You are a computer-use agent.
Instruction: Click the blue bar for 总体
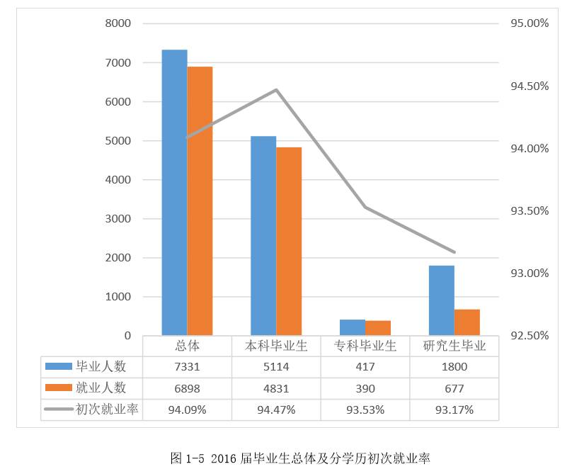coord(174,192)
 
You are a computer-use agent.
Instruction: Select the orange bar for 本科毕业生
coord(289,241)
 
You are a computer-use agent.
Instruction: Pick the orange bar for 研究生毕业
coord(467,322)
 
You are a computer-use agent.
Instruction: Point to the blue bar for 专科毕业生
coord(353,327)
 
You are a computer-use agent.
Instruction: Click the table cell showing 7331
coord(187,367)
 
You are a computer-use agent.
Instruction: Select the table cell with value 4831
coord(276,388)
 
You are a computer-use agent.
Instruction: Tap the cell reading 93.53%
coord(365,409)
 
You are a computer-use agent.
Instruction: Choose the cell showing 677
coord(454,388)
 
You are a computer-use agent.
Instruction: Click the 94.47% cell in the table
coord(276,409)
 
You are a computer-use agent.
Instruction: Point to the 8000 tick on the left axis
coord(118,23)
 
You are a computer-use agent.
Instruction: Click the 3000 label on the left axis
coord(118,219)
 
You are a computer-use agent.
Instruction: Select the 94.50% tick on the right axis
coord(529,86)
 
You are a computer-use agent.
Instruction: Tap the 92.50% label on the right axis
coord(529,335)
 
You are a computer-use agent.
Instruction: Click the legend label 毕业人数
coord(101,367)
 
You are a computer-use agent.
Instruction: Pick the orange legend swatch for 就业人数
coord(58,388)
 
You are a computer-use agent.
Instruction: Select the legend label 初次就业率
coord(106,409)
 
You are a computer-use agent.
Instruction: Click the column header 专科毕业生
coord(365,346)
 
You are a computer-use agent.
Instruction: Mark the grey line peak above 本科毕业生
coord(276,90)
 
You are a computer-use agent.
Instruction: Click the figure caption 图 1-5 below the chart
coord(301,458)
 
